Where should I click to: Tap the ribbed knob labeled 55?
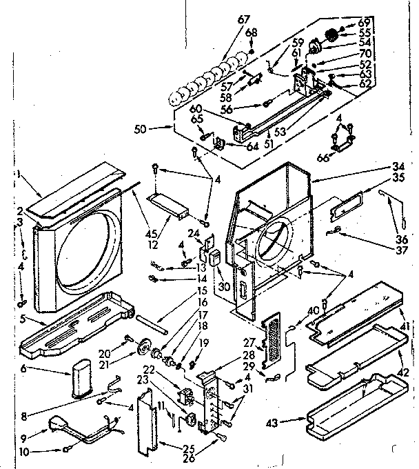tap(334, 32)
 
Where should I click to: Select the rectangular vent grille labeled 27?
tap(274, 341)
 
